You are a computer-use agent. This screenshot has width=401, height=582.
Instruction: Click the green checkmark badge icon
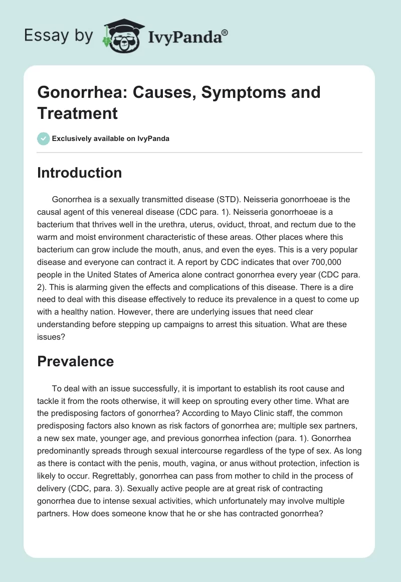click(44, 138)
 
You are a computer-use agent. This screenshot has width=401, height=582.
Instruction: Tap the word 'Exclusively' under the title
click(75, 138)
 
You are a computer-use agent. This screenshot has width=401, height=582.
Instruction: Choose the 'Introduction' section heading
click(80, 173)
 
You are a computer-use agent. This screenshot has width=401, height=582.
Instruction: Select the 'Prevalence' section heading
click(75, 361)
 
